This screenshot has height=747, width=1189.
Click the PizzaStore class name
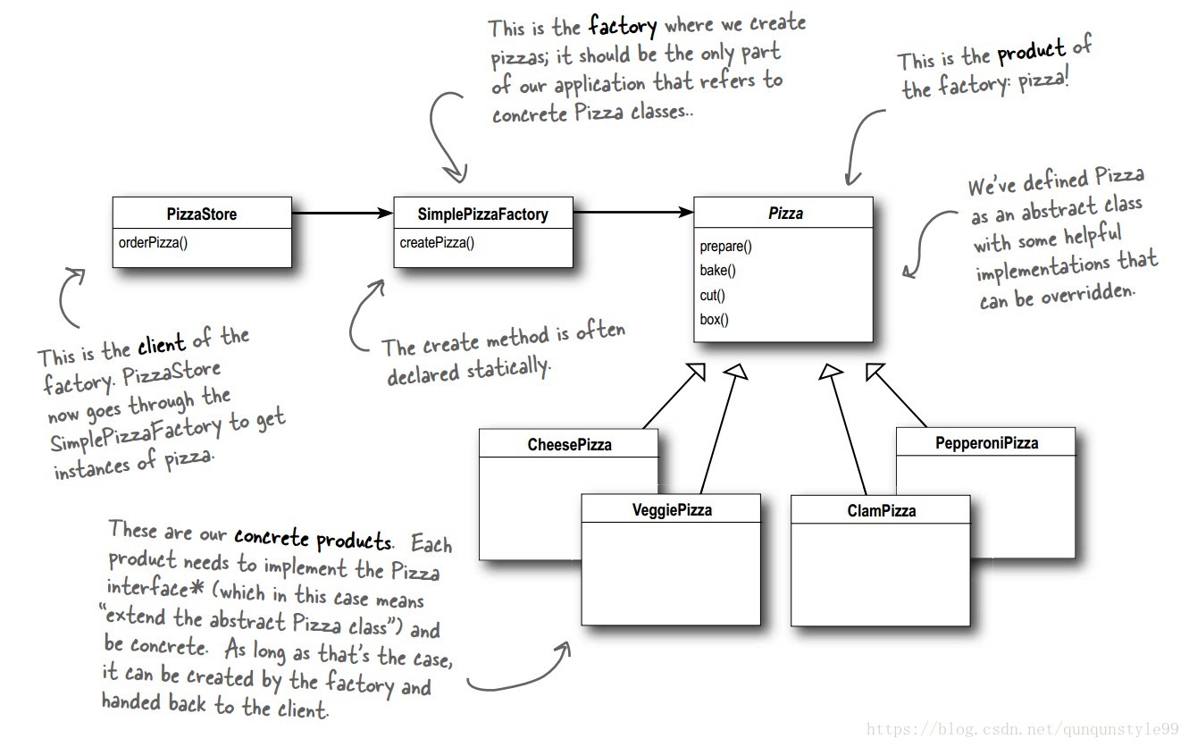[201, 214]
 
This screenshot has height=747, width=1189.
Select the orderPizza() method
[153, 242]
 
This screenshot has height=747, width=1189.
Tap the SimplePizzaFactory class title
[482, 214]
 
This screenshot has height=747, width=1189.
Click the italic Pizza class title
[785, 214]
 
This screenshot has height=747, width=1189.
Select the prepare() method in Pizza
[725, 247]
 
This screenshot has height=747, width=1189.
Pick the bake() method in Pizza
[717, 271]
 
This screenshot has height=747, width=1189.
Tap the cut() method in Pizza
[712, 295]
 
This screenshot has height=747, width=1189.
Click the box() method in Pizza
[714, 319]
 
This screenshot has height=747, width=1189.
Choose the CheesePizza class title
[569, 444]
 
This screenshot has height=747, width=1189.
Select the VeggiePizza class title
[671, 510]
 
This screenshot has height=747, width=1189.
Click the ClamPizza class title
[881, 511]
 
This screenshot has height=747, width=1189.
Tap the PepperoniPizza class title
[986, 442]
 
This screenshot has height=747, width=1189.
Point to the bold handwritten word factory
[623, 25]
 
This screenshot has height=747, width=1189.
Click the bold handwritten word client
[161, 346]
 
